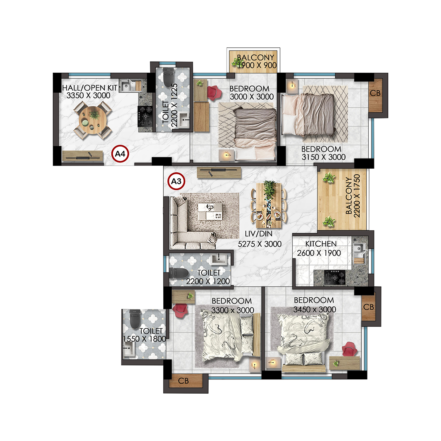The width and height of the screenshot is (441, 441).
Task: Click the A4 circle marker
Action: (120, 154)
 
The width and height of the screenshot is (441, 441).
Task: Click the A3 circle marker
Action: (176, 181)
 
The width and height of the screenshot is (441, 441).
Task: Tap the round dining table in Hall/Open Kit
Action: (93, 120)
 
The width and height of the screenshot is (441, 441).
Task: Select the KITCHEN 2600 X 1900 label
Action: (319, 248)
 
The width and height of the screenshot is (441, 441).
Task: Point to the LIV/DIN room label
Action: (258, 234)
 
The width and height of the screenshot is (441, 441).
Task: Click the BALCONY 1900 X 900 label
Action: (256, 61)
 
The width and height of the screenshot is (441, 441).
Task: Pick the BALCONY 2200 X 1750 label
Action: (353, 196)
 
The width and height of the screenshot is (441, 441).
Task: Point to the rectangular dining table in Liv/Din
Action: (269, 205)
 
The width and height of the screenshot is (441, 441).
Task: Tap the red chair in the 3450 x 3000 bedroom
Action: (350, 350)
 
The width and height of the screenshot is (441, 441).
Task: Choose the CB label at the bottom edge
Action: (183, 381)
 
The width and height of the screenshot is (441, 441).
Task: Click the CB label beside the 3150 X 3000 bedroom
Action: (375, 93)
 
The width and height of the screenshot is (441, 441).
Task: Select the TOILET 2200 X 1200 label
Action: (208, 277)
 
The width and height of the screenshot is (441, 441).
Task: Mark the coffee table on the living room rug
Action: (210, 212)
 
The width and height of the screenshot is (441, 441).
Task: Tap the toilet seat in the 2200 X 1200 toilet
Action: (179, 273)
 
